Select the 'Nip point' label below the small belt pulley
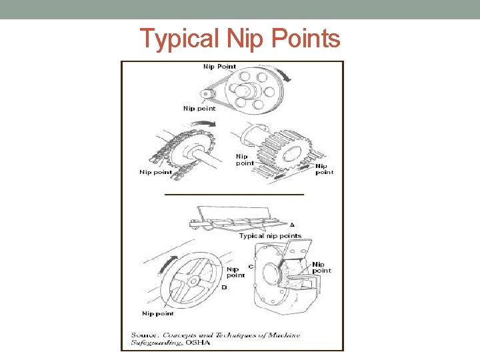[x=199, y=109]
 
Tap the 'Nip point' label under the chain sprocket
[x=155, y=172]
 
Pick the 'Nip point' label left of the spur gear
[x=245, y=159]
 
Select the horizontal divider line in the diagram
[x=234, y=194]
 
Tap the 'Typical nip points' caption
[x=270, y=235]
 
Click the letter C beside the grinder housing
[x=250, y=266]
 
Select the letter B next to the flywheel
[x=223, y=288]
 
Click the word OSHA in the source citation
[x=198, y=343]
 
